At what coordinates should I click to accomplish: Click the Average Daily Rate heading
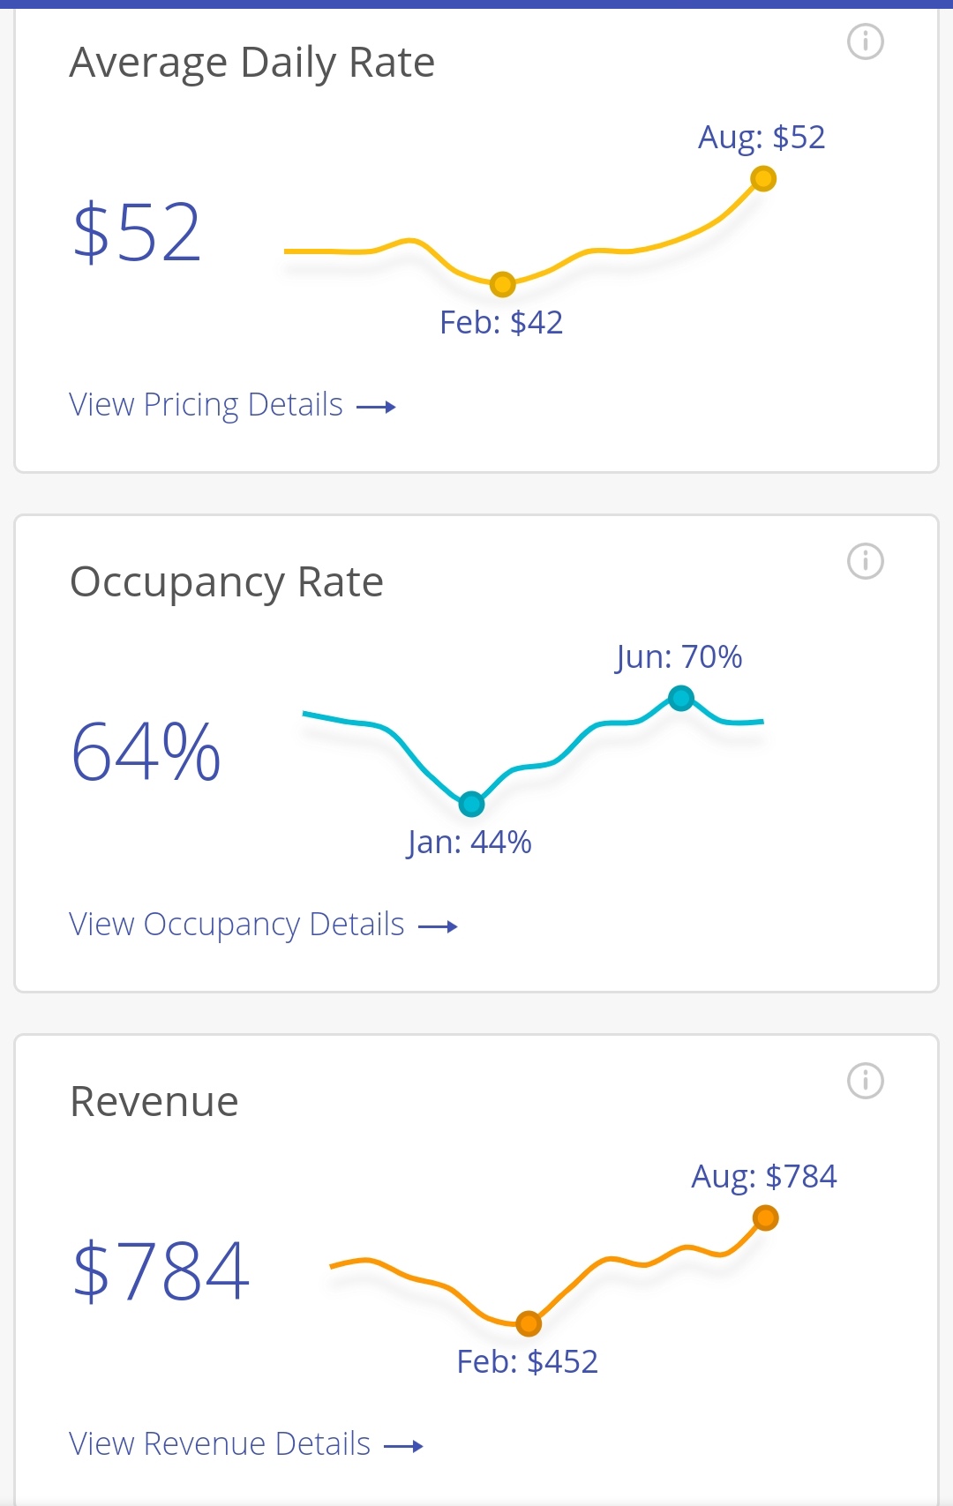tap(252, 63)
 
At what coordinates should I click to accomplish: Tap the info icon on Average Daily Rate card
tap(865, 41)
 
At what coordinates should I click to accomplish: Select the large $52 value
tap(137, 233)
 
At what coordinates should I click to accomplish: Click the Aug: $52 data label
tap(762, 138)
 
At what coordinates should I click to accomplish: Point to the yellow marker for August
tap(763, 179)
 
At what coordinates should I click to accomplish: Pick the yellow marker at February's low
tap(502, 284)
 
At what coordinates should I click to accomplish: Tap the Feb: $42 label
tap(501, 323)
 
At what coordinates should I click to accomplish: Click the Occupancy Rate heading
tap(227, 582)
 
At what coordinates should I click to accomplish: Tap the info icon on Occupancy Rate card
tap(865, 561)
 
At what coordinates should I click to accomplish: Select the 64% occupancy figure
tap(146, 753)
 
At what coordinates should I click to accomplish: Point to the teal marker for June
tap(680, 699)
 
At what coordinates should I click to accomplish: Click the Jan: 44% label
tap(469, 843)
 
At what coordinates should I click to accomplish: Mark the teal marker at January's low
tap(471, 804)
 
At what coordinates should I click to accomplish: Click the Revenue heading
tap(154, 1102)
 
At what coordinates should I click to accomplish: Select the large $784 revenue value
tap(161, 1271)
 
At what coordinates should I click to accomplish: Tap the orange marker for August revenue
tap(765, 1218)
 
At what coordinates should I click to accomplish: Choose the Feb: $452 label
tap(527, 1362)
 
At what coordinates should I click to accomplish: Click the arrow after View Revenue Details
tap(404, 1446)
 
